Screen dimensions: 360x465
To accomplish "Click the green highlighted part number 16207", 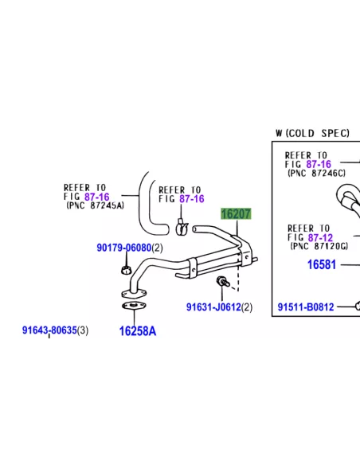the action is coord(236,213).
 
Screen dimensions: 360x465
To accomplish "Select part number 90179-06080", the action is coord(124,248).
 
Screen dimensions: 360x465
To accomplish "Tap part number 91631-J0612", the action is coord(213,307).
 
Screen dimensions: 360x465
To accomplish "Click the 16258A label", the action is coord(138,331).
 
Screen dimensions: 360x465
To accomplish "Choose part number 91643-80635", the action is coord(49,330).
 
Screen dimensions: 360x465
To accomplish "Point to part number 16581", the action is coord(322,264).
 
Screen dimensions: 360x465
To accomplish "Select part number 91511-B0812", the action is coord(306,307).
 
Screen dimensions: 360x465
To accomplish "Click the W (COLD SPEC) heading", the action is coord(312,133).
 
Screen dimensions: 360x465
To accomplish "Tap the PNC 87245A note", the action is coord(96,205).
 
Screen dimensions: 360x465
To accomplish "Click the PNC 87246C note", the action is coord(317,174).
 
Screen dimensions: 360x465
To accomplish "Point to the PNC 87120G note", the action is coord(319,246).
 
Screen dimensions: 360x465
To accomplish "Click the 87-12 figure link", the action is coord(320,237).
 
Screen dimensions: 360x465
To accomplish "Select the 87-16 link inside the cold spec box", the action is coord(319,164).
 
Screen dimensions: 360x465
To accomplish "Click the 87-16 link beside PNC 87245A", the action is coord(97,197).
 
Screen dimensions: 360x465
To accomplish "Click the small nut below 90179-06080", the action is coord(127,270).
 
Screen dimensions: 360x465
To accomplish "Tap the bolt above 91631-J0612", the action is coord(223,281).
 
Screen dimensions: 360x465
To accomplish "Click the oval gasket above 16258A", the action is coord(134,306).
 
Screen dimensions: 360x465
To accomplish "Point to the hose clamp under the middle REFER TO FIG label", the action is coord(182,228).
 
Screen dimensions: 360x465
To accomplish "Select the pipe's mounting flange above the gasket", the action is coord(134,293).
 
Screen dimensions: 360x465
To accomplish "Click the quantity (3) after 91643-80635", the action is coord(83,330).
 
